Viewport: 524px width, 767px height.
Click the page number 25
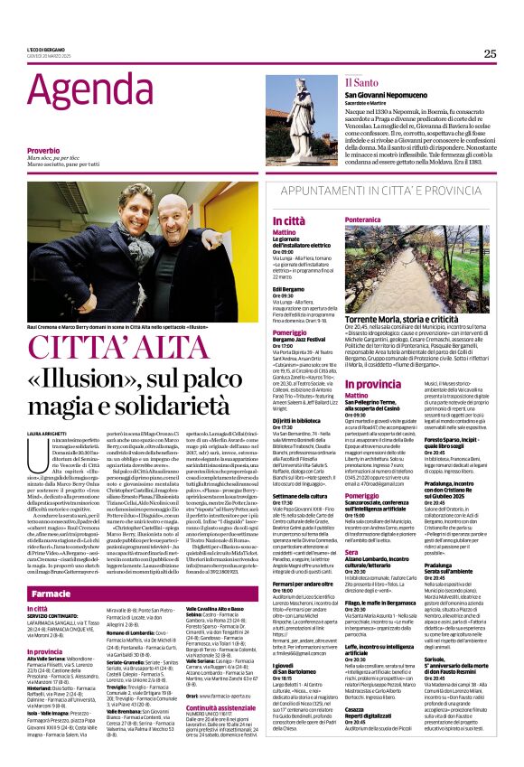pyautogui.click(x=491, y=53)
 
